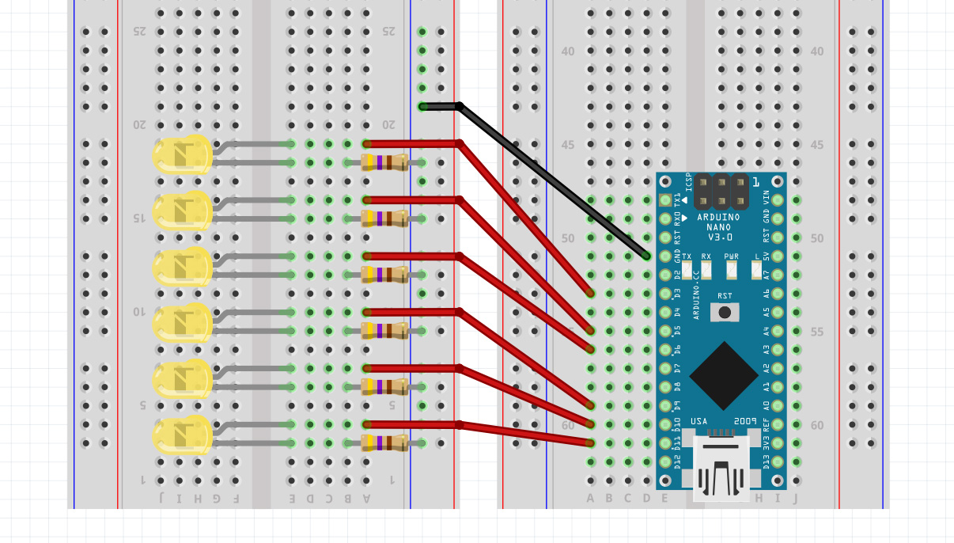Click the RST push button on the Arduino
[x=725, y=312]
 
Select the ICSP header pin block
[x=721, y=192]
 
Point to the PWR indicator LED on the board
[x=732, y=270]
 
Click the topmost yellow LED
[x=183, y=154]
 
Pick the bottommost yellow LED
[x=183, y=435]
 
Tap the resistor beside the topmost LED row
[x=384, y=163]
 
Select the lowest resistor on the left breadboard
[x=384, y=442]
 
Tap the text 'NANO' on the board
[x=718, y=227]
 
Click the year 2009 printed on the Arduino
[x=745, y=420]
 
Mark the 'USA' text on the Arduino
[x=699, y=420]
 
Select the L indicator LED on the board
[x=757, y=270]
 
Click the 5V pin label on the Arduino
[x=766, y=256]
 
